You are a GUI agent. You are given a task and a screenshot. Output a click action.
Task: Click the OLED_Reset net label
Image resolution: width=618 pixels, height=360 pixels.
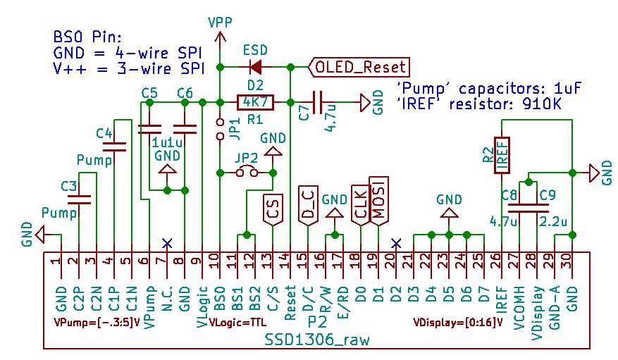pos(359,67)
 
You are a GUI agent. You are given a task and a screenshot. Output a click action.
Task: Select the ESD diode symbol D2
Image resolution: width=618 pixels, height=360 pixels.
pos(255,67)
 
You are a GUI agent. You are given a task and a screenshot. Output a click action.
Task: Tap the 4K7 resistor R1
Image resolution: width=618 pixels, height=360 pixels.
pos(255,102)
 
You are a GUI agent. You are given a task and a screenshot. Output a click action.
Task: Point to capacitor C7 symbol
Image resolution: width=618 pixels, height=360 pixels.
pos(319,103)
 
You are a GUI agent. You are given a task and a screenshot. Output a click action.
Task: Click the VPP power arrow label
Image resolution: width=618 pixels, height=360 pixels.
pos(220,23)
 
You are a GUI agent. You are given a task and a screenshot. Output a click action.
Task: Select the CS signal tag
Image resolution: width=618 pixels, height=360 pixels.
pos(273,209)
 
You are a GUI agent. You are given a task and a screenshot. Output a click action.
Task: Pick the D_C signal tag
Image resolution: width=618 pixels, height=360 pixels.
pos(307,204)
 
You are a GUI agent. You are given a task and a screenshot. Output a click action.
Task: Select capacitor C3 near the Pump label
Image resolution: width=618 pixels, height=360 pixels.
pos(84,199)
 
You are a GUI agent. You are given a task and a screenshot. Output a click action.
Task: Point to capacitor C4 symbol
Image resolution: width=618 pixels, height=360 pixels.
pos(114,147)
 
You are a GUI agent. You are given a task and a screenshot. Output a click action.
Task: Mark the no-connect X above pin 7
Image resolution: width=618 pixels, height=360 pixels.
pos(167,243)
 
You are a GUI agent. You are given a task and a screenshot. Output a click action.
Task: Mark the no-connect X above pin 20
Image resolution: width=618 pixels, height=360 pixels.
pos(396,243)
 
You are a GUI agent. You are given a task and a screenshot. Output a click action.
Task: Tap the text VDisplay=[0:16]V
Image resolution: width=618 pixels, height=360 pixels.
pos(457,323)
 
